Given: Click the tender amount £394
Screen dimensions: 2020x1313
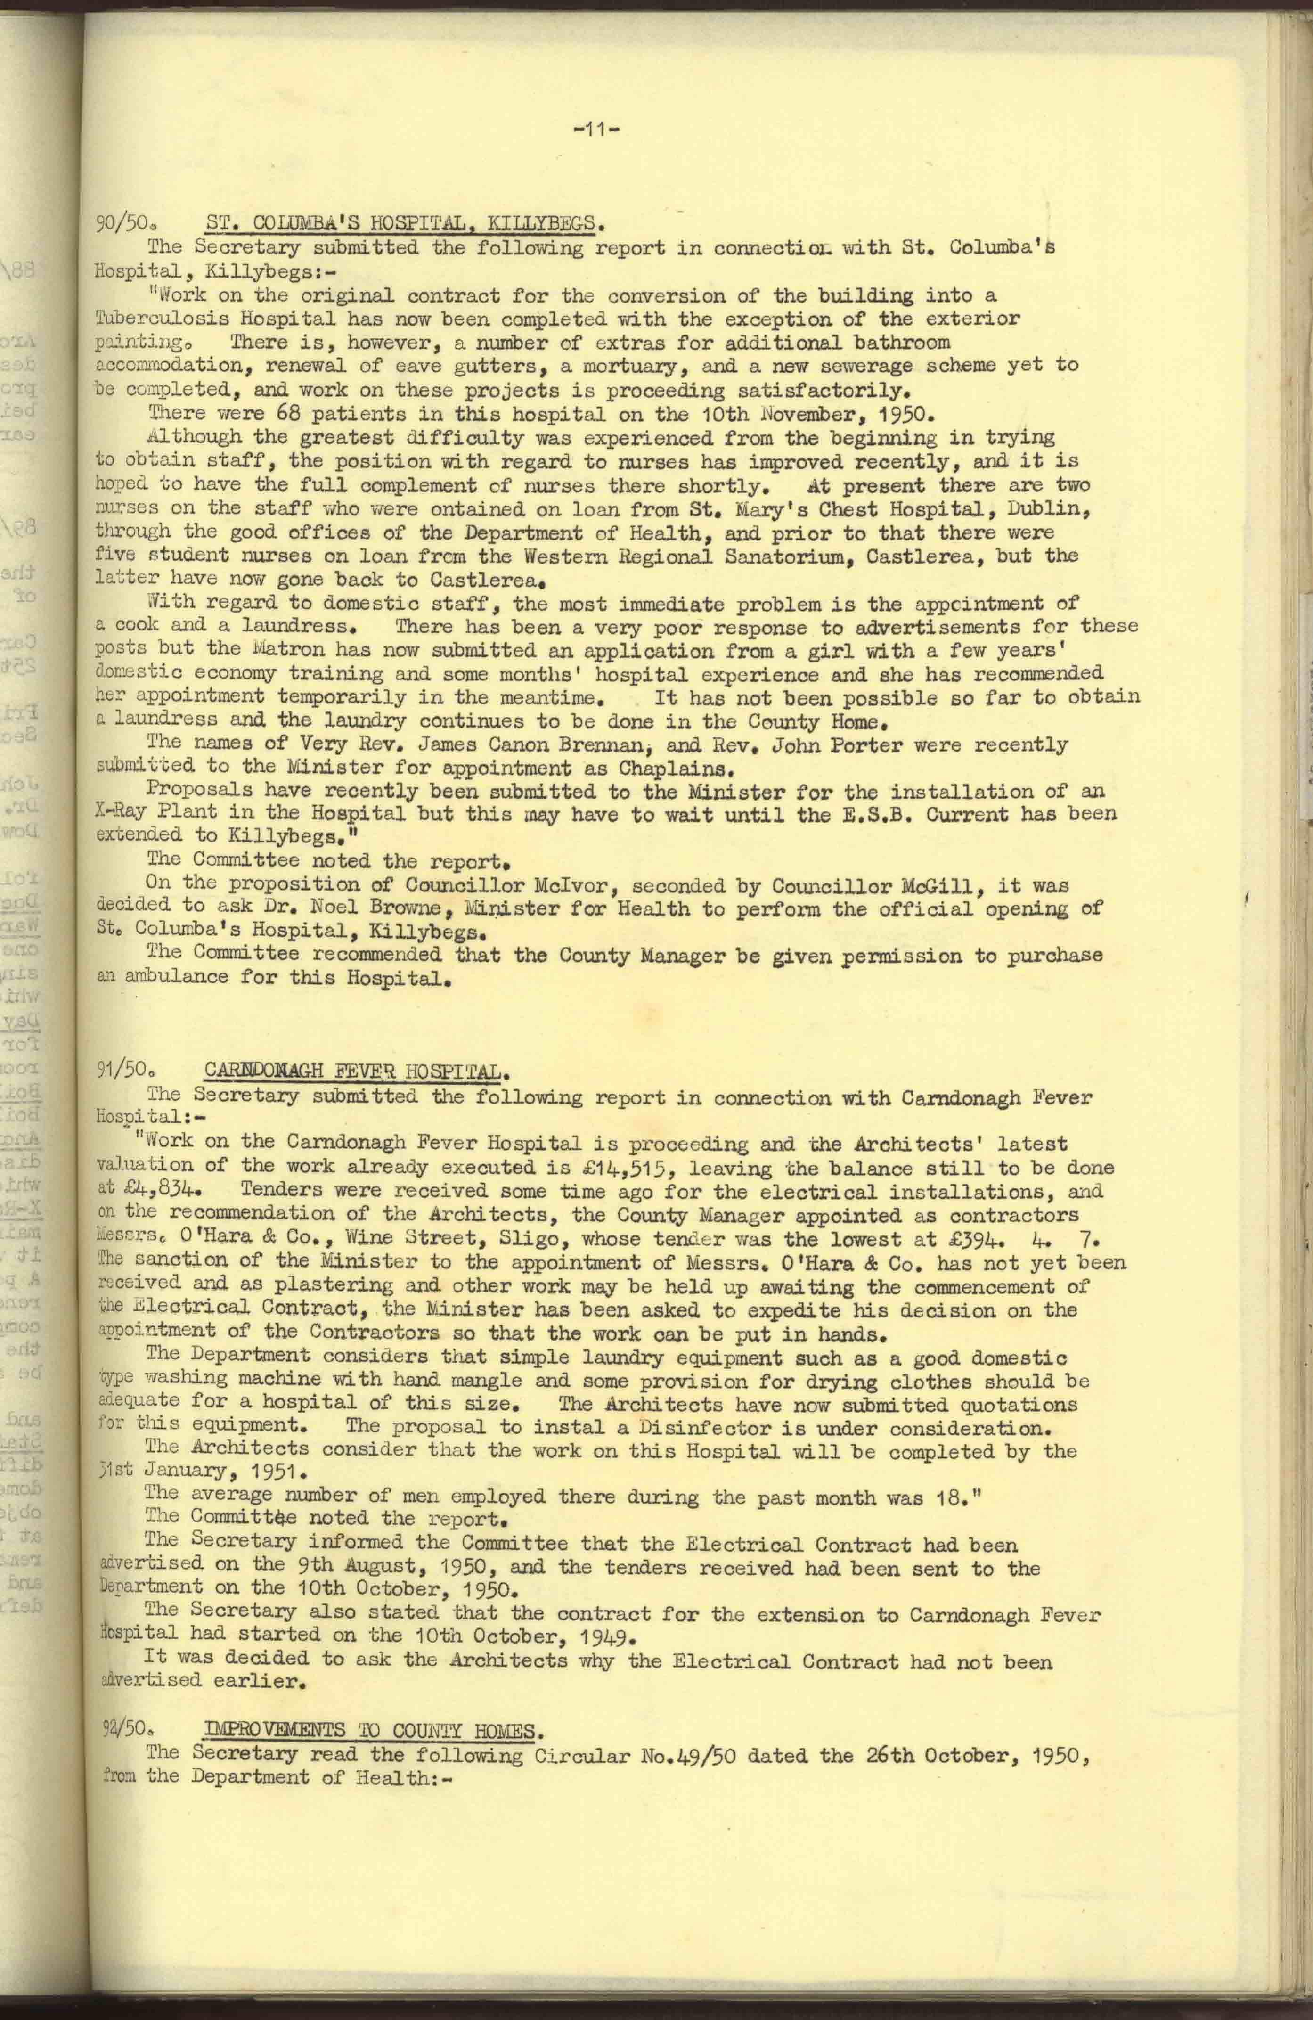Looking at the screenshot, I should (935, 1238).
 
